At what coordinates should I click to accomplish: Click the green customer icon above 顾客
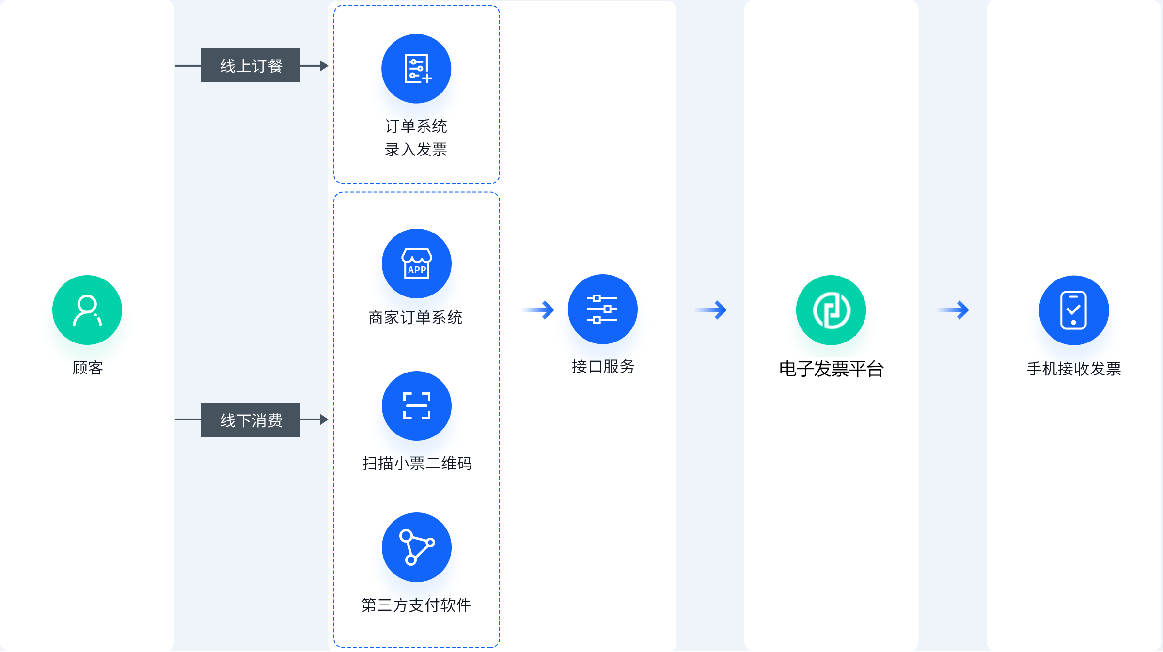(x=87, y=310)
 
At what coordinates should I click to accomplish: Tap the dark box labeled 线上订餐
(x=251, y=65)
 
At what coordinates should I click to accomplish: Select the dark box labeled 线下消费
(x=251, y=420)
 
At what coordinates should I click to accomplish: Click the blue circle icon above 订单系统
(x=416, y=69)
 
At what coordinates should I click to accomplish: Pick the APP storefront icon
(x=417, y=264)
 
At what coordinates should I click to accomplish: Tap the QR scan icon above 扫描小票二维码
(x=417, y=406)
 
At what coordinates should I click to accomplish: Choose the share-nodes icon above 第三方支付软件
(x=417, y=547)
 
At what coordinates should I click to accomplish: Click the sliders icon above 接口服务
(x=603, y=309)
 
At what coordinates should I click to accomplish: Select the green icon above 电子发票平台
(x=831, y=310)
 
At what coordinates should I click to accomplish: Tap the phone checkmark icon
(x=1074, y=310)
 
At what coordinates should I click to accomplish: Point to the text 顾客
(x=88, y=368)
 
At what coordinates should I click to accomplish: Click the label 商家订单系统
(x=415, y=318)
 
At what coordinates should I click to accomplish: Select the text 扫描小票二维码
(x=417, y=464)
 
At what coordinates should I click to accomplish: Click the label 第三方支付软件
(x=416, y=605)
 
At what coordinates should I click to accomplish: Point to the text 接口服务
(x=603, y=367)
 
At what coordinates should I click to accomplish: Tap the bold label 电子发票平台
(x=832, y=369)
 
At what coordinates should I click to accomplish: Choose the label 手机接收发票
(x=1074, y=369)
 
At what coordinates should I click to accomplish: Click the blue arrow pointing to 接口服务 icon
(x=538, y=310)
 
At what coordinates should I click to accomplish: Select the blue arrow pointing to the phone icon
(x=953, y=310)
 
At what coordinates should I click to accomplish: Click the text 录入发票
(x=416, y=150)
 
